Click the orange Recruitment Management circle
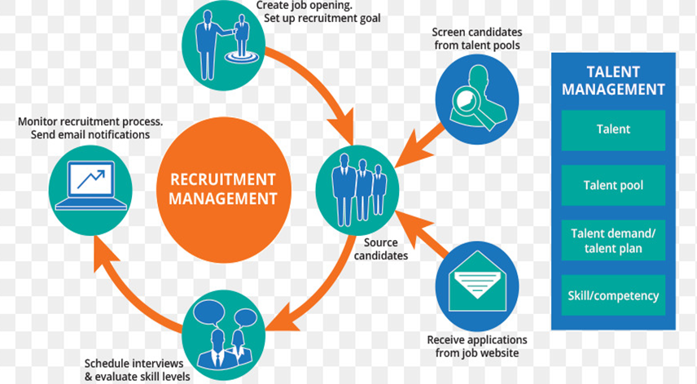point(223,188)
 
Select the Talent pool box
point(613,185)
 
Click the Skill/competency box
point(613,296)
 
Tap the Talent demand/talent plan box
point(613,241)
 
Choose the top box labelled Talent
point(613,129)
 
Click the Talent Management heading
point(613,80)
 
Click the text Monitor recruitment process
point(90,121)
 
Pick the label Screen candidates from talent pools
point(476,39)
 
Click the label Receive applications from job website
point(477,346)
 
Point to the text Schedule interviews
point(134,363)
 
